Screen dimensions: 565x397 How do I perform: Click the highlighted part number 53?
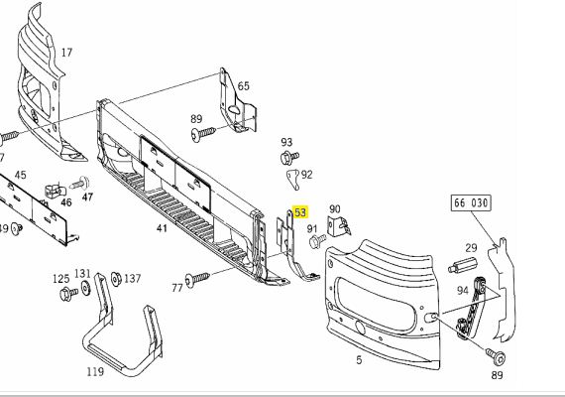pos(300,212)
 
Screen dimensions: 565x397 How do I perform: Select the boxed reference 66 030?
pos(471,203)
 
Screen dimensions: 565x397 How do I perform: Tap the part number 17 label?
pos(66,53)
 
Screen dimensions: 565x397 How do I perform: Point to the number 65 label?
pos(243,86)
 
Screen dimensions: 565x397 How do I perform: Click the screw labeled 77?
pos(196,279)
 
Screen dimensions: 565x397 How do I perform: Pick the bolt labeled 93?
pos(289,158)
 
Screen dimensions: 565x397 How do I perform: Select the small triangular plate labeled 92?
pos(293,180)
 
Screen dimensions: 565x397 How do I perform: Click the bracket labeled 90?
pos(339,226)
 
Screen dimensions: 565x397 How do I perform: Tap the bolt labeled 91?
pos(317,241)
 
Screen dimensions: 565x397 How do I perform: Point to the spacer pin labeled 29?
pos(462,265)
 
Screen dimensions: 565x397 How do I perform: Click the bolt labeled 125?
pos(68,294)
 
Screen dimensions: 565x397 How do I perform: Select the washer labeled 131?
pos(86,288)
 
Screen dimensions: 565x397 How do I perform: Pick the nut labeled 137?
pos(116,279)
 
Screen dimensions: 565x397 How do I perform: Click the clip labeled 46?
pos(55,191)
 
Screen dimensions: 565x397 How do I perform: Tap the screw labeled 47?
pos(80,184)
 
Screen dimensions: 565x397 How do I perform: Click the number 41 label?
pos(162,228)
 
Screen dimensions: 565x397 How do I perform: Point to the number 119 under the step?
pos(95,371)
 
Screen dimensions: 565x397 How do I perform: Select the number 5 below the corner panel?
pos(359,360)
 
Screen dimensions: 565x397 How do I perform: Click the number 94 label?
pos(462,290)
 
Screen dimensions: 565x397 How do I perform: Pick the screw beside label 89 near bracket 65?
pos(203,134)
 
